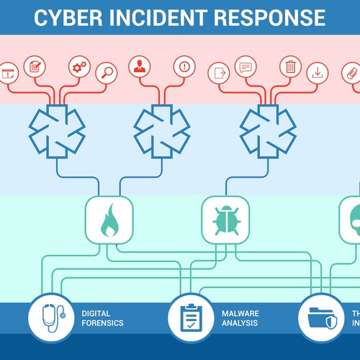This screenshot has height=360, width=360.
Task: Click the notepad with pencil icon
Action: point(34,67)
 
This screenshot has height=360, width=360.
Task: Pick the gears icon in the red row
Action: point(79,67)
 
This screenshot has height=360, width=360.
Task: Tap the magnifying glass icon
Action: point(106,72)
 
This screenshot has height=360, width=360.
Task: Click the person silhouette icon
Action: point(140,67)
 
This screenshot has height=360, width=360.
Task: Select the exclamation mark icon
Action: point(185,67)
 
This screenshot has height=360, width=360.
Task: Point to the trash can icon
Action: point(290,67)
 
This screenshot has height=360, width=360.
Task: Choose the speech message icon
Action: point(246,67)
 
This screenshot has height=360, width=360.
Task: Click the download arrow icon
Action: point(316,72)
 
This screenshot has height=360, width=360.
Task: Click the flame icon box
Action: point(109,220)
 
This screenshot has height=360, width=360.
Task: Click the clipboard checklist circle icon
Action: point(191,318)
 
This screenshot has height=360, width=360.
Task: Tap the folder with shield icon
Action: point(320,318)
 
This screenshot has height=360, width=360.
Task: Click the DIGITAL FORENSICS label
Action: point(102,318)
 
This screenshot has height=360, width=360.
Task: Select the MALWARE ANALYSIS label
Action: point(240,318)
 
